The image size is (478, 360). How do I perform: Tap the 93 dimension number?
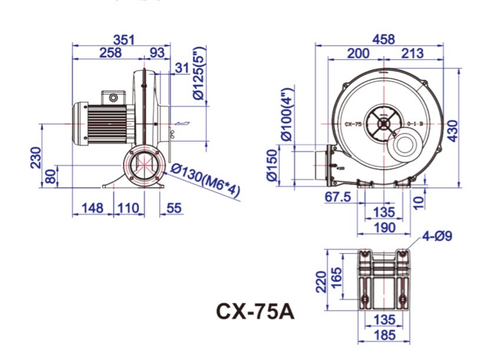pyautogui.click(x=157, y=53)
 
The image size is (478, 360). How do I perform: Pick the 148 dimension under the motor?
pyautogui.click(x=92, y=208)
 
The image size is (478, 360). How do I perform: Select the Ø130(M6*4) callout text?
pyautogui.click(x=206, y=181)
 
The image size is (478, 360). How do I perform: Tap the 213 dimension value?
pyautogui.click(x=412, y=54)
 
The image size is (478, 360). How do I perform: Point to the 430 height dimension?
pyautogui.click(x=452, y=128)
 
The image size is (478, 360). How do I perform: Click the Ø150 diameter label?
pyautogui.click(x=271, y=166)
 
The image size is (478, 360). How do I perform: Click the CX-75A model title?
pyautogui.click(x=254, y=310)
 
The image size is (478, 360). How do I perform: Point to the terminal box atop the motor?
pyautogui.click(x=114, y=97)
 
